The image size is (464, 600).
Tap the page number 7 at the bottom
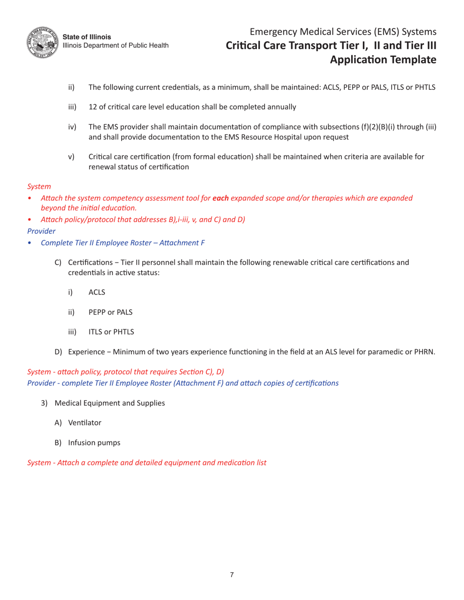point(232,575)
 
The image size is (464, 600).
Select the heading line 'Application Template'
point(383,60)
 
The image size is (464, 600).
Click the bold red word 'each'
point(221,198)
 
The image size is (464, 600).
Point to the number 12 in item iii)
point(92,107)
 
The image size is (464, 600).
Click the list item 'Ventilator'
point(84,423)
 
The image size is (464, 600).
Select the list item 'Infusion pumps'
point(94,443)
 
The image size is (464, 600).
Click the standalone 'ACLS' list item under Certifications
point(97,292)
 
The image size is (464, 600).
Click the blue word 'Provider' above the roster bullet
point(41,231)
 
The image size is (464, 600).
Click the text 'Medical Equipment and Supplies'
point(109,403)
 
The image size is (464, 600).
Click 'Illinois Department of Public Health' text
point(116,45)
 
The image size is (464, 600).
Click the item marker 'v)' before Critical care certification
point(71,157)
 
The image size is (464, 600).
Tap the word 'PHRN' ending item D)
point(423,352)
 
